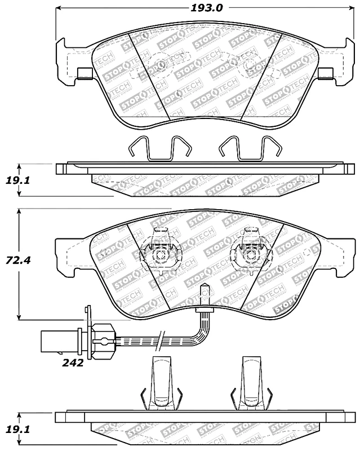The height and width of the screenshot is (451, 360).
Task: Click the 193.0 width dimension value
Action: coord(207,8)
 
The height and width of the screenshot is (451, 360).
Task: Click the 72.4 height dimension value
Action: coord(18,261)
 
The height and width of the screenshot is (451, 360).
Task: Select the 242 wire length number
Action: coord(73,363)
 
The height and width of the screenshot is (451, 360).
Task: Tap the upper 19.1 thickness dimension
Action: coord(17,180)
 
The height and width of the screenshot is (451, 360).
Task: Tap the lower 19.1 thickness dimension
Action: coord(17,430)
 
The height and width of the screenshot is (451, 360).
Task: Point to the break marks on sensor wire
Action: coord(161,341)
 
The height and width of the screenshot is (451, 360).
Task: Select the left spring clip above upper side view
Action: coord(161,148)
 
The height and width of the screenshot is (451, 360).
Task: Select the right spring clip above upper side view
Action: coord(251,148)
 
